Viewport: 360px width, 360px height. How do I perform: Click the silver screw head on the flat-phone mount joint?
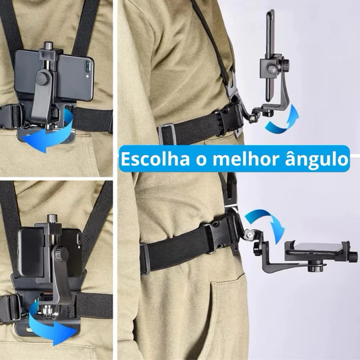point(247,234)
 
